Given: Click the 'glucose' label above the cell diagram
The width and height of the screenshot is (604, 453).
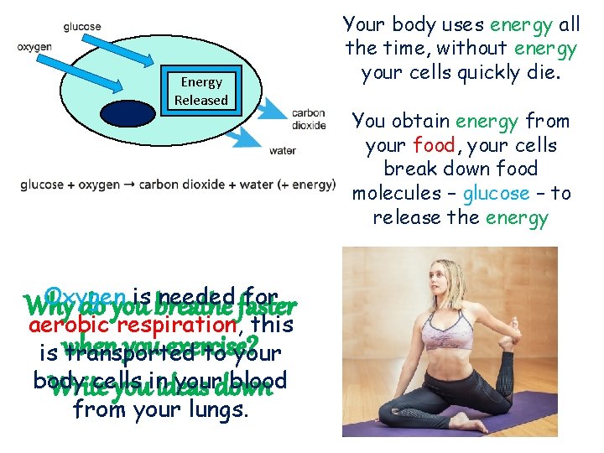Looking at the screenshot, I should [x=82, y=27].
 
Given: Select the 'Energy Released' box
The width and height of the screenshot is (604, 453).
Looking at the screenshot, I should [x=200, y=91].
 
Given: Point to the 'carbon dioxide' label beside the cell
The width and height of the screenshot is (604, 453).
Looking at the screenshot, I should [x=309, y=120].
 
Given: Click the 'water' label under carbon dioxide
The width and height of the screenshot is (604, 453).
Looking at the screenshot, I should [x=282, y=151].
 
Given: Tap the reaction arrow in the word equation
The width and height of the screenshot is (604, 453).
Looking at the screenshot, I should [x=131, y=185].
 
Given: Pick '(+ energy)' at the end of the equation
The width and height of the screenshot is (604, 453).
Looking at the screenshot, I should [x=307, y=185].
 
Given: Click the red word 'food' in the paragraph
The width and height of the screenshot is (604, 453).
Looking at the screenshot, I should [x=433, y=146].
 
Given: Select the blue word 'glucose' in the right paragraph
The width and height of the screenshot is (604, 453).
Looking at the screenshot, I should [x=496, y=194].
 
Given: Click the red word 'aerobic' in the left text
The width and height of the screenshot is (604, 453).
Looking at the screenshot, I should [x=63, y=324].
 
